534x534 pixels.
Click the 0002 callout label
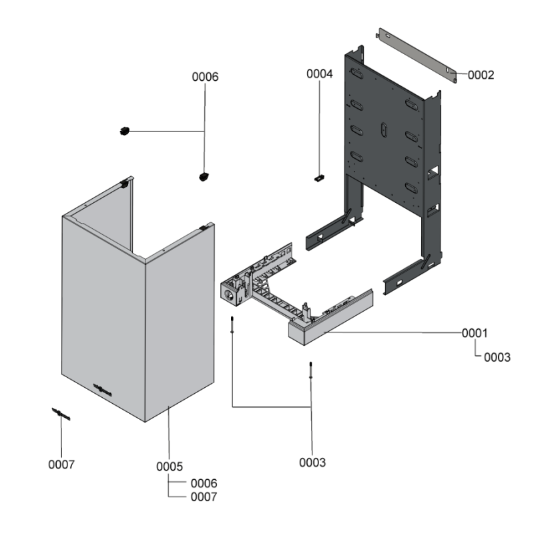tap(481, 75)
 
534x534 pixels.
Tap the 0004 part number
tap(320, 74)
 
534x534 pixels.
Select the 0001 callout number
tap(475, 333)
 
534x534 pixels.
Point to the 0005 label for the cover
tap(170, 466)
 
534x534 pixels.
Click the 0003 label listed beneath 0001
tap(497, 357)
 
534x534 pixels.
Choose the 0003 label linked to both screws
tap(312, 462)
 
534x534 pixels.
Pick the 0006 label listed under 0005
tap(204, 483)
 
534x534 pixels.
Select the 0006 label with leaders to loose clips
tap(205, 77)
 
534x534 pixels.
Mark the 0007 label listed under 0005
tap(204, 497)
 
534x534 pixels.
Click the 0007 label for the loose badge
tap(61, 464)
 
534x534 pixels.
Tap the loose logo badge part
tap(61, 415)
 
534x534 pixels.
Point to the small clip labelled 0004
tap(320, 178)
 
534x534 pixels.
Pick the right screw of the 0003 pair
tap(311, 369)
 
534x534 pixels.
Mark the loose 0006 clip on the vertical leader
tap(204, 176)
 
